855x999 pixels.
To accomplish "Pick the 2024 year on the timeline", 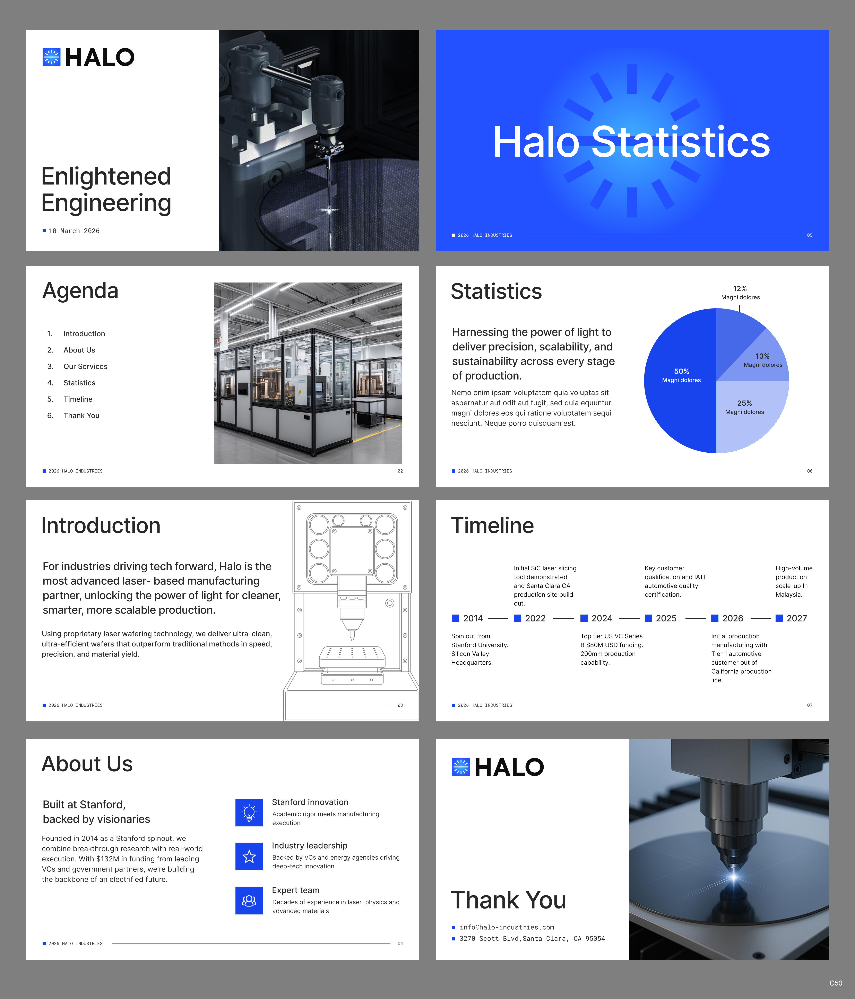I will (x=601, y=618).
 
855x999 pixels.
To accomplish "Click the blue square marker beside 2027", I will (x=779, y=618).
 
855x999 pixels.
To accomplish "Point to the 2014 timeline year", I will (x=473, y=618).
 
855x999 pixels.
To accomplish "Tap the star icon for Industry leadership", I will (x=249, y=856).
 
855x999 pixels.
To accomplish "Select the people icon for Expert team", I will (x=249, y=901).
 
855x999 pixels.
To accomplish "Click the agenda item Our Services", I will (x=85, y=366).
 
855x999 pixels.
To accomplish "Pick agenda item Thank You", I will (x=81, y=416).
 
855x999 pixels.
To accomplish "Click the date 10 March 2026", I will (x=74, y=231).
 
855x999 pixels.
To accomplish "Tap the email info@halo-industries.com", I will (x=506, y=927).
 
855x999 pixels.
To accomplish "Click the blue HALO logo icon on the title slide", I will (x=51, y=57).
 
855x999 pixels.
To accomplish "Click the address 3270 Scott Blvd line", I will (x=532, y=939).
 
